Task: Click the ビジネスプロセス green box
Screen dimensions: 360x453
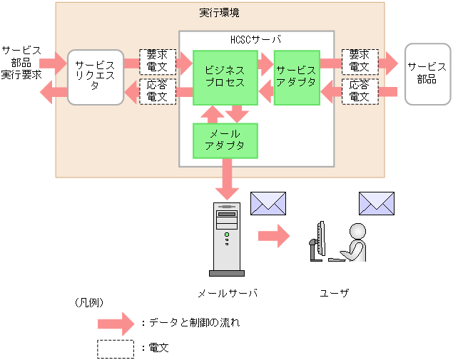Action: coord(225,77)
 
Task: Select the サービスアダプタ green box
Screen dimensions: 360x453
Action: coord(297,77)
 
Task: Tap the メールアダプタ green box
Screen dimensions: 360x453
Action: coord(225,140)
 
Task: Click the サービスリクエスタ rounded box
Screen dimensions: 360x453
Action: coord(96,77)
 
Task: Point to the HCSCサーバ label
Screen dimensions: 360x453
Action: coord(256,38)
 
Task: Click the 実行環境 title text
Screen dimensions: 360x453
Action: coord(219,13)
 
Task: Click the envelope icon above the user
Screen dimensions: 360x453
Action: coord(376,203)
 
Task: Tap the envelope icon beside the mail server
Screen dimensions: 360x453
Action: coord(268,203)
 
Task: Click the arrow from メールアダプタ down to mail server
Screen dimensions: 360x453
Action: coord(227,180)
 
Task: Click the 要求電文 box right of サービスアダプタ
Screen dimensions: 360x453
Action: coord(360,61)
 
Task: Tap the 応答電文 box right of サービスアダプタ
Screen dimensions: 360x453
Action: coord(360,91)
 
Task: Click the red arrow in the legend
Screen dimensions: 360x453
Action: coord(116,323)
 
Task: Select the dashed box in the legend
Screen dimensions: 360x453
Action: coord(116,349)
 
